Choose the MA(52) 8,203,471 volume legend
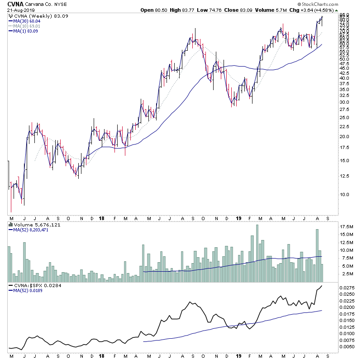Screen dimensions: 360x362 pos(31,229)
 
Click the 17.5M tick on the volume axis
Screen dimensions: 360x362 pos(347,226)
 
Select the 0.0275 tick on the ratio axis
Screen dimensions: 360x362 pos(348,288)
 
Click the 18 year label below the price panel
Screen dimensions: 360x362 pos(102,217)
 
